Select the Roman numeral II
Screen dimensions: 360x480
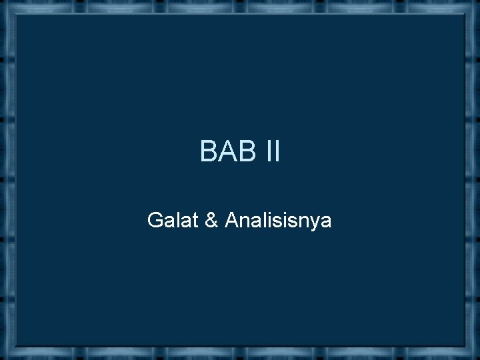[x=271, y=153]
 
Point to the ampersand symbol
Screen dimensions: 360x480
[x=212, y=219]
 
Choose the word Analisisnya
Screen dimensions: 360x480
[x=278, y=221]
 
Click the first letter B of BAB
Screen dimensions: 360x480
[x=208, y=153]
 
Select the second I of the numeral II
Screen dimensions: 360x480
[x=276, y=153]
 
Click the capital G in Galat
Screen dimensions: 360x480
[x=155, y=219]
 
